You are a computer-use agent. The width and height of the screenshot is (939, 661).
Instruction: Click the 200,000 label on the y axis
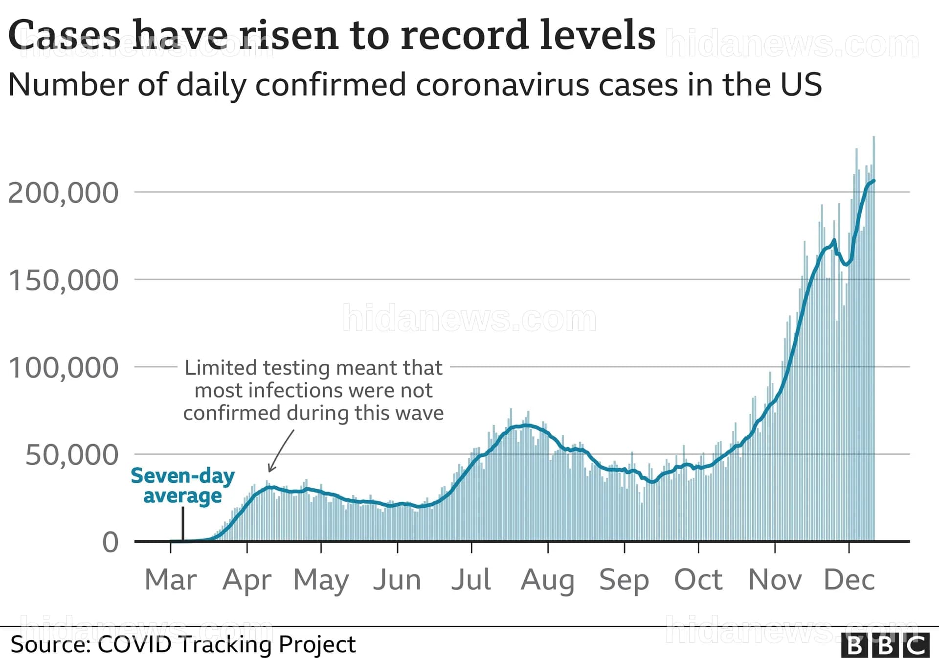63,193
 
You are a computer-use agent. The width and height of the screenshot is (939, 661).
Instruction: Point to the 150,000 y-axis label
63,281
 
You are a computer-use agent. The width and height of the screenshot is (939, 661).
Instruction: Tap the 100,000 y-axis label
63,368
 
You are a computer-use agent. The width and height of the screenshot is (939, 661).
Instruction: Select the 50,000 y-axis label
72,455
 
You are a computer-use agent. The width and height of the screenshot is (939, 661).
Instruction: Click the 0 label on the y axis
111,543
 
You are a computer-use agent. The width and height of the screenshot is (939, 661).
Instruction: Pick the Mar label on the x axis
171,580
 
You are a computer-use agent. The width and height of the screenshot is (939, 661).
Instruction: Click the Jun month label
397,580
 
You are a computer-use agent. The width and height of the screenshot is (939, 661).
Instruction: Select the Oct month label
698,580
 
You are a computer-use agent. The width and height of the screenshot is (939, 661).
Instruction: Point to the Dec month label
850,580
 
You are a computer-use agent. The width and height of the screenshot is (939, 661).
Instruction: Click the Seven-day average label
182,486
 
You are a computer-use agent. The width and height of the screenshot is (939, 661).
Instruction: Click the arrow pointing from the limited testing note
281,451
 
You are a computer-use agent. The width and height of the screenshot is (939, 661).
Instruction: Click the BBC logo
885,645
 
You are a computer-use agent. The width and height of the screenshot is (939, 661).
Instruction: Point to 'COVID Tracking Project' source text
227,644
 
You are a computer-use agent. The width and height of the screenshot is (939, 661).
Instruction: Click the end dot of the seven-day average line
873,181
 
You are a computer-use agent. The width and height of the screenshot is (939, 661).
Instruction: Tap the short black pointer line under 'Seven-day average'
183,524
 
